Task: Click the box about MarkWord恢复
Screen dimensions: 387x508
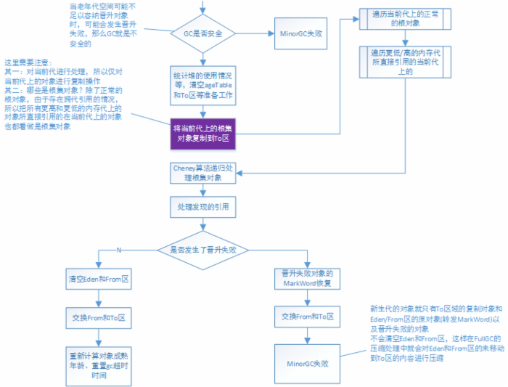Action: coord(307,280)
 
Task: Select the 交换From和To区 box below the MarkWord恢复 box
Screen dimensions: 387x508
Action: coord(307,317)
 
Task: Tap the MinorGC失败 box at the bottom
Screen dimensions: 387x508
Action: coord(307,362)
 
